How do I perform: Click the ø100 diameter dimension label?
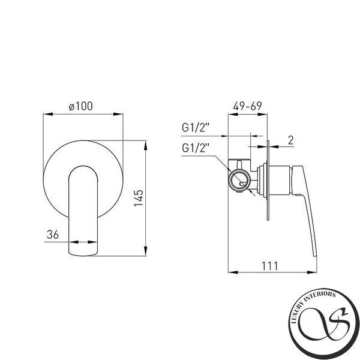point(81,106)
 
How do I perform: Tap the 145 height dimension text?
point(139,198)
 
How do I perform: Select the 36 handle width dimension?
point(53,235)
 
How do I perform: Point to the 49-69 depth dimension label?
point(247,106)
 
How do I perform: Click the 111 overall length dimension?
point(270,266)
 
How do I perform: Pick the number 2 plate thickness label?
point(290,140)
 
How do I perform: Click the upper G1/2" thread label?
point(196,128)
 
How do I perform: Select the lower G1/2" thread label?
point(196,148)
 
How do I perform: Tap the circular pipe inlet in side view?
point(239,181)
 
